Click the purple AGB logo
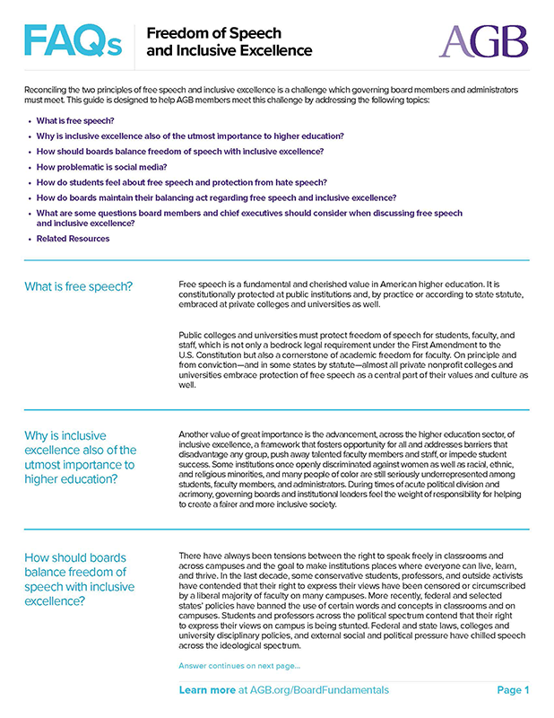click(x=483, y=40)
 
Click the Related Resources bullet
click(x=74, y=239)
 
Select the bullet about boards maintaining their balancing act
click(x=216, y=197)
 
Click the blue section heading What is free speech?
click(x=79, y=286)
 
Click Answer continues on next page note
click(x=239, y=666)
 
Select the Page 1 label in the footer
click(x=513, y=690)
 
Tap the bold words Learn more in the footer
click(x=207, y=690)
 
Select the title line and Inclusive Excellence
click(x=229, y=51)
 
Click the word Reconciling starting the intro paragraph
click(x=48, y=91)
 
